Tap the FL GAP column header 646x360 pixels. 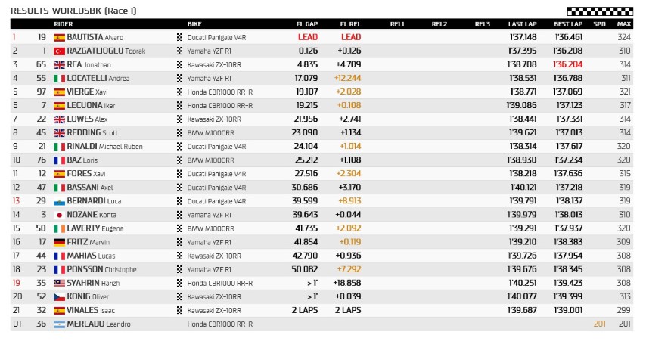pyautogui.click(x=307, y=24)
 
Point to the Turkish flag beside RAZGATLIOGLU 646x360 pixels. pyautogui.click(x=59, y=51)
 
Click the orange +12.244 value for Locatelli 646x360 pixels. pyautogui.click(x=349, y=78)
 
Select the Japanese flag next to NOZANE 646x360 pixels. pyautogui.click(x=59, y=215)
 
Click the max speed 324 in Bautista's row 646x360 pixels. pyautogui.click(x=623, y=37)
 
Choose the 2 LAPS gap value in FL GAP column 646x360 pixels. pyautogui.click(x=305, y=310)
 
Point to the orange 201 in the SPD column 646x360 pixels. pyautogui.click(x=599, y=324)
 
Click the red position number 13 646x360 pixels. pyautogui.click(x=15, y=201)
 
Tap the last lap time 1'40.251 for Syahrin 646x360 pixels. pyautogui.click(x=523, y=283)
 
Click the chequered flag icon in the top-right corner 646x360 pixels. pyautogui.click(x=598, y=11)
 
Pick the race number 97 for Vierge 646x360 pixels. pyautogui.click(x=42, y=92)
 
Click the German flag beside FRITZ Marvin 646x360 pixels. pyautogui.click(x=59, y=242)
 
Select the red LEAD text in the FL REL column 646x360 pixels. pyautogui.click(x=351, y=37)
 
